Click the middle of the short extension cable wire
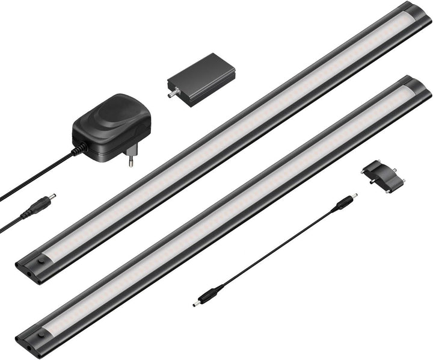coord(277,250)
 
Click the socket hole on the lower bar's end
coord(41,332)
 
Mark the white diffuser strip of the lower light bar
coord(229,211)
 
